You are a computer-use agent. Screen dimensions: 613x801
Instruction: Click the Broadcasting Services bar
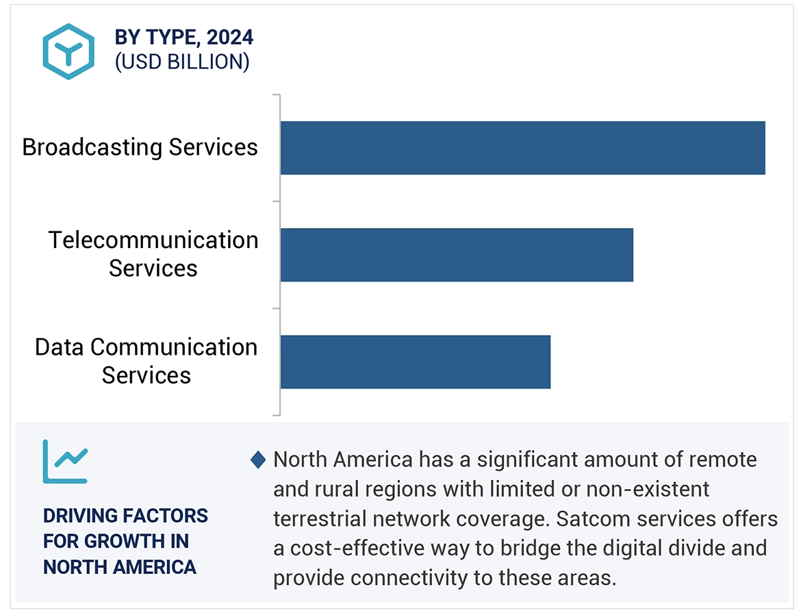pos(522,148)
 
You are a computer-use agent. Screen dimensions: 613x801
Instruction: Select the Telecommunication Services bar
pos(457,255)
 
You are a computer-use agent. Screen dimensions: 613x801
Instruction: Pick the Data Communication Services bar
pos(415,362)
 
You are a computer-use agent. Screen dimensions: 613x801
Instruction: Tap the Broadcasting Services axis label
pos(140,147)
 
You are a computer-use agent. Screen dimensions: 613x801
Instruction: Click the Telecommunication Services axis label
pos(153,254)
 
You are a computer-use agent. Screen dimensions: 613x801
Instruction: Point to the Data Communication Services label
pos(147,361)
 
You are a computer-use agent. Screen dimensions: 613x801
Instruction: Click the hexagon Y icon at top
pos(68,51)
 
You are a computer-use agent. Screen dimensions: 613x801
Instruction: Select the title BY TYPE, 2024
pos(184,38)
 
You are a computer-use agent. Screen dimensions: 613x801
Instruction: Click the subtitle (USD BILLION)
pos(182,62)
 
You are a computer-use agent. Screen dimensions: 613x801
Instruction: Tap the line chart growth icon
pos(66,461)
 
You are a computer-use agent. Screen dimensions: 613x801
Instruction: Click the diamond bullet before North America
pos(258,460)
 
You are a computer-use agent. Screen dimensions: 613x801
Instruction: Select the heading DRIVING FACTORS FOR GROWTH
pos(125,541)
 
